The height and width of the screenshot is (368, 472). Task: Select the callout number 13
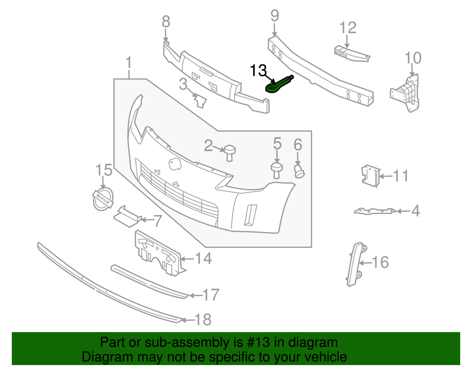point(259,71)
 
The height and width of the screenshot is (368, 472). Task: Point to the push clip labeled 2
point(229,152)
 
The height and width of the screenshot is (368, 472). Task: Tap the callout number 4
point(415,211)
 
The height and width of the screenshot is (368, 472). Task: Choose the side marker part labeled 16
point(356,263)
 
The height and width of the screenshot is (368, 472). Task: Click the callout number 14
point(204,258)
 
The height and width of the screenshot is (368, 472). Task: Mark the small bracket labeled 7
point(127,215)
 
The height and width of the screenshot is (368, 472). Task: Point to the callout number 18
point(203,320)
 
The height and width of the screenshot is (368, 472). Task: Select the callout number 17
point(210,295)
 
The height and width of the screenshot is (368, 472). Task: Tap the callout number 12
point(348,28)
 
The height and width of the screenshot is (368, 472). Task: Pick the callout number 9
point(274,16)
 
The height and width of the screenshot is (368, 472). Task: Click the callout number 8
point(166,22)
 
